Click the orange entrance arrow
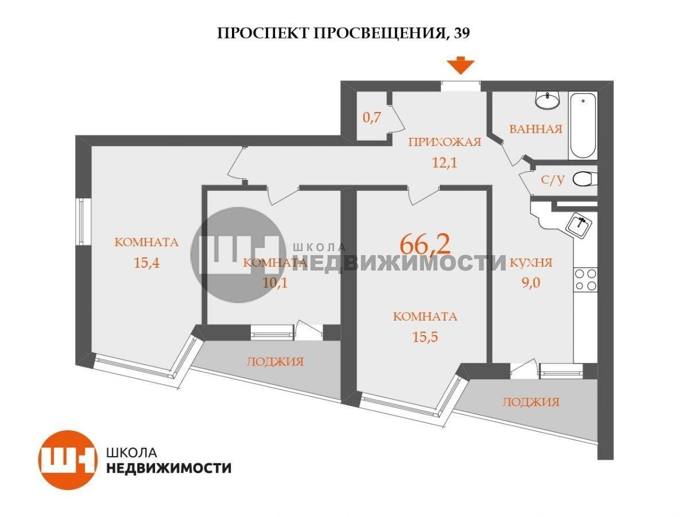pos(460,65)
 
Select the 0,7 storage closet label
pos(371,117)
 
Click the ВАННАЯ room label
pos(536,129)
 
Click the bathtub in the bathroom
pos(583,126)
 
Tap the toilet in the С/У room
pos(585,179)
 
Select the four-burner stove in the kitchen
pos(586,279)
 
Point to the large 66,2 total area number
pos(425,245)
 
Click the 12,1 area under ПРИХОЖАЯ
pos(444,163)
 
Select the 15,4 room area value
pos(146,263)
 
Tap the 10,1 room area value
pos(275,283)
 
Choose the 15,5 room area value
pos(425,337)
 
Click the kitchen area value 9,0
pos(531,283)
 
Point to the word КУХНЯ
pos(531,263)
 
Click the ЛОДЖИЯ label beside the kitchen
pos(531,402)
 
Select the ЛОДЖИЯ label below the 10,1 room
pos(275,362)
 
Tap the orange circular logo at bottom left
pos(68,460)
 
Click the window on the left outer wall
pos(83,221)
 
